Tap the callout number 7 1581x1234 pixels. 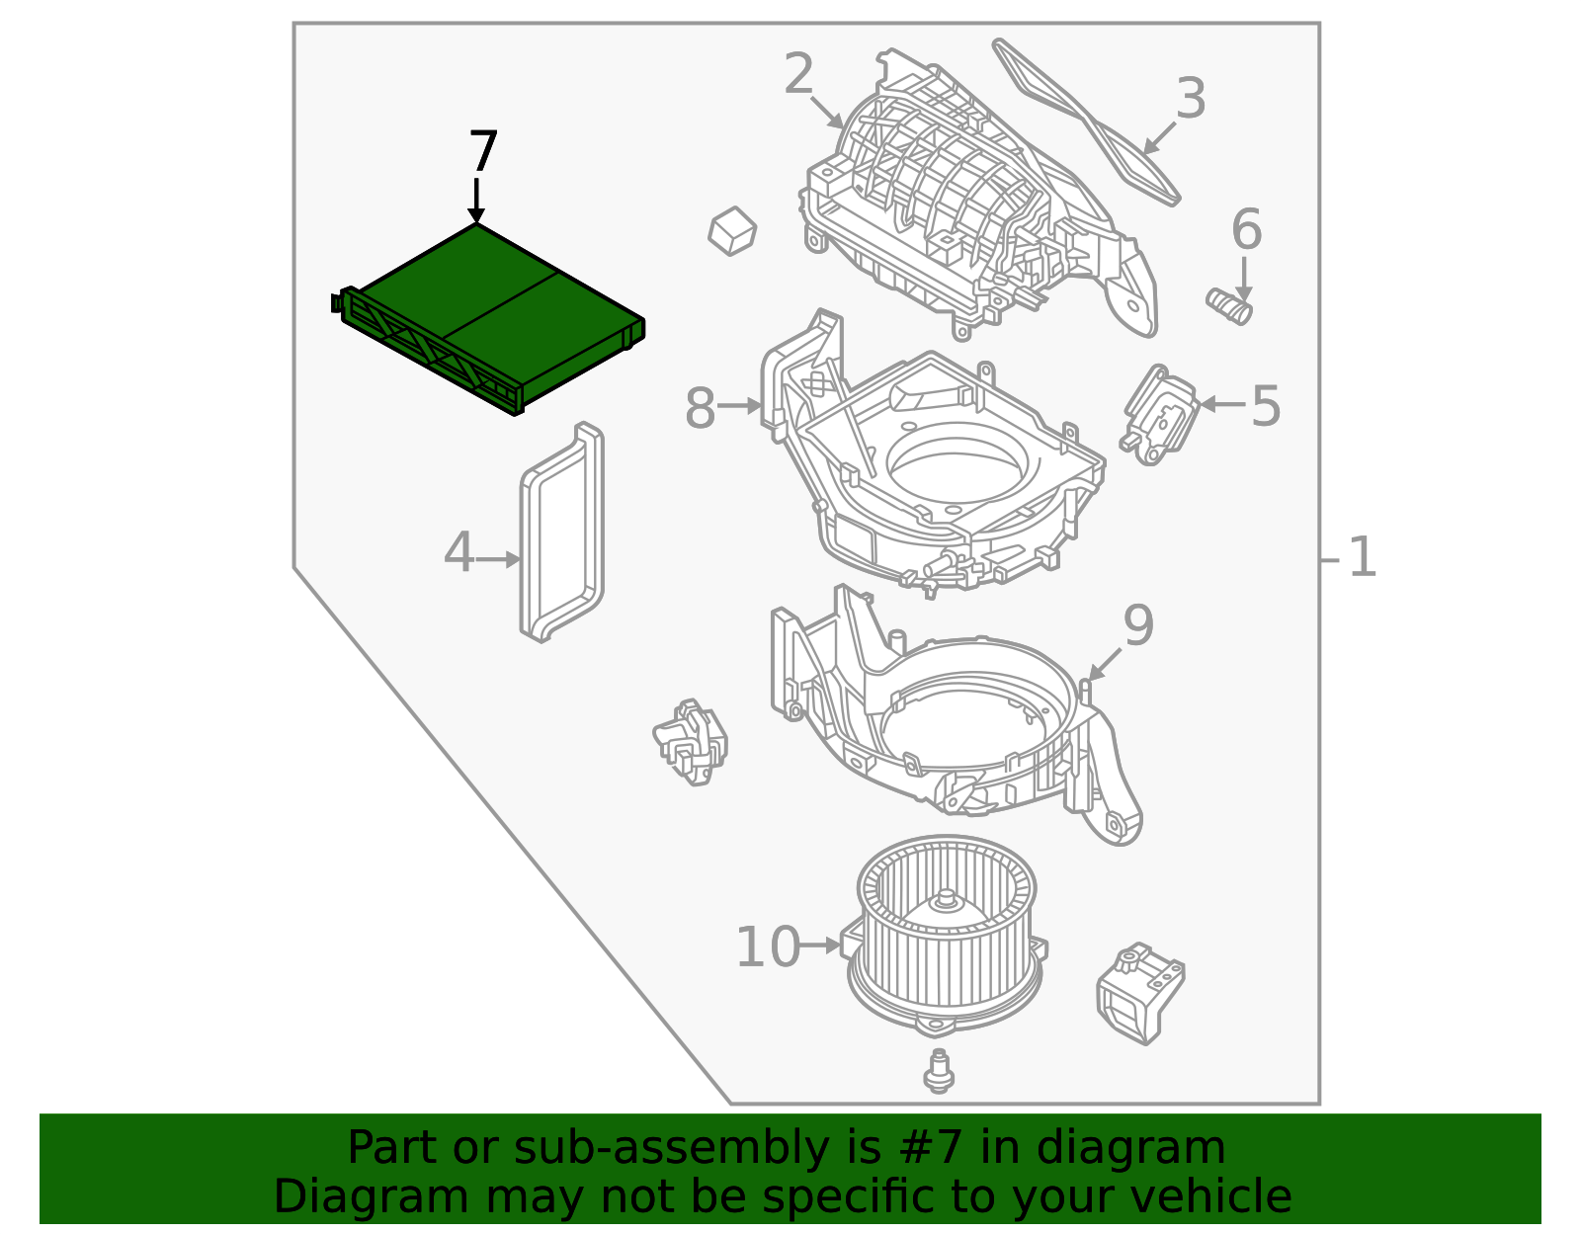pos(482,153)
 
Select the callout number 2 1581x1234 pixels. pos(798,74)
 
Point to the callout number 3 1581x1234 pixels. pos(1191,99)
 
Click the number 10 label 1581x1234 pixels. pos(767,946)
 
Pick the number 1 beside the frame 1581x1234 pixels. pos(1362,557)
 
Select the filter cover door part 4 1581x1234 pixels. pos(561,534)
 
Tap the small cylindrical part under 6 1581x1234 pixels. pos(1230,306)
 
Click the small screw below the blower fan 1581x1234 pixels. pos(938,1072)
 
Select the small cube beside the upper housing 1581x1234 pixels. pos(732,230)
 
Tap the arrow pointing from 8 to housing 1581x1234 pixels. pos(739,405)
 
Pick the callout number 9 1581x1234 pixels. pos(1138,625)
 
